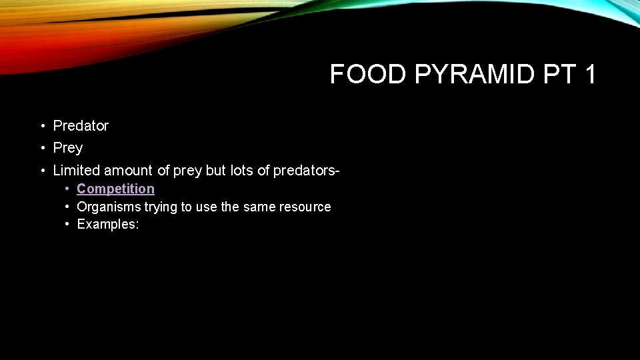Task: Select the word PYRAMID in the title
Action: pyautogui.click(x=475, y=75)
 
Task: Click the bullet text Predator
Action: pyautogui.click(x=81, y=125)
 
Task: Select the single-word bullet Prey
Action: pyautogui.click(x=67, y=147)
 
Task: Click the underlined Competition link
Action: pyautogui.click(x=115, y=189)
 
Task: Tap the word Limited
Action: pyautogui.click(x=77, y=171)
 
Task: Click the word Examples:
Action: pyautogui.click(x=108, y=224)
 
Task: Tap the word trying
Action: pyautogui.click(x=161, y=207)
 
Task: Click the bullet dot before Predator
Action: pyautogui.click(x=41, y=126)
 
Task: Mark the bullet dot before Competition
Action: pyautogui.click(x=67, y=189)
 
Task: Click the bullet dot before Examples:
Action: pyautogui.click(x=67, y=225)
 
